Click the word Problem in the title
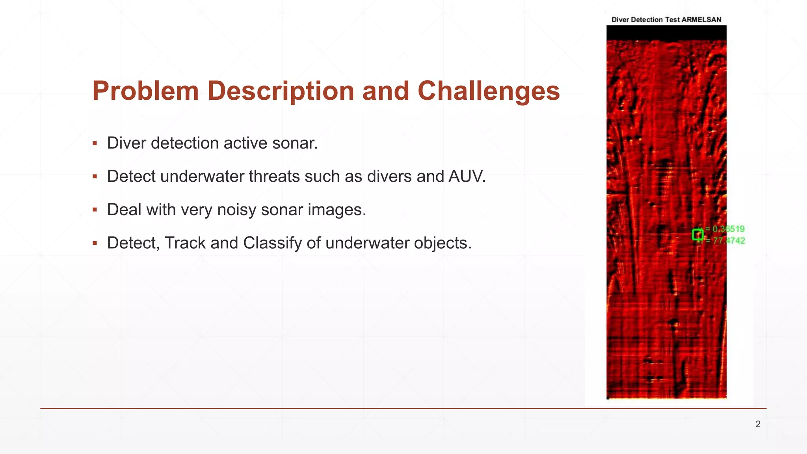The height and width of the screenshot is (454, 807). [x=145, y=91]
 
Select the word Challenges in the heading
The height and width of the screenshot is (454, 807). [x=489, y=91]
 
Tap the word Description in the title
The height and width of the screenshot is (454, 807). [x=281, y=91]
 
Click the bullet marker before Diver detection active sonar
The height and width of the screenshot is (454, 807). [x=95, y=143]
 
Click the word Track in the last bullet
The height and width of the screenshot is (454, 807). [x=185, y=243]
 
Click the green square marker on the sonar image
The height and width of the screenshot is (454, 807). [x=697, y=235]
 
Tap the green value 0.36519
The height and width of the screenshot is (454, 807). [x=729, y=229]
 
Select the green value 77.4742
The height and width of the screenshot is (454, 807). [x=729, y=241]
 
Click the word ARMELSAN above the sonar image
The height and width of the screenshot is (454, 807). [x=701, y=20]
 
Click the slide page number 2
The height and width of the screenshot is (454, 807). [x=758, y=424]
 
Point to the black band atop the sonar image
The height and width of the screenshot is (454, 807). [x=666, y=33]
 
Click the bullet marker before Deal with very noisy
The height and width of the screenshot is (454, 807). [x=95, y=210]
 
